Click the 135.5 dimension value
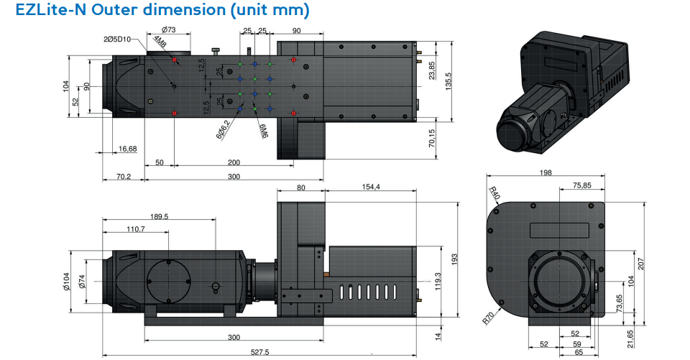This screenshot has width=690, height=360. [x=448, y=81]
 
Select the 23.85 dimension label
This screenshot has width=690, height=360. [x=431, y=70]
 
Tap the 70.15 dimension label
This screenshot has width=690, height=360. [x=431, y=137]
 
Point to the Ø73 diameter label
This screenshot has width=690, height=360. [x=169, y=30]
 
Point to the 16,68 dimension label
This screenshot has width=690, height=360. [x=127, y=149]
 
